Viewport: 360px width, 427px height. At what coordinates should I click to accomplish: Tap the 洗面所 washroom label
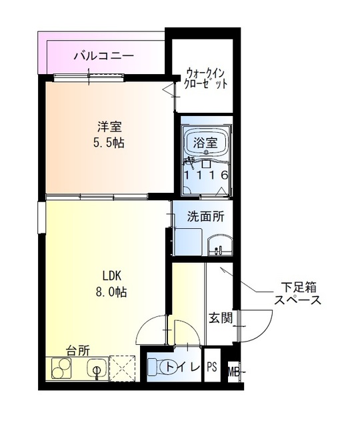click(205, 216)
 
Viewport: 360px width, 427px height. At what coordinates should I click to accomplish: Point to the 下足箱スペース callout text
click(298, 294)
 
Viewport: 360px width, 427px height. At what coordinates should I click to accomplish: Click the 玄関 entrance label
click(221, 318)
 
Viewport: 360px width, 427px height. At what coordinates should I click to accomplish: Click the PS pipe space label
click(212, 368)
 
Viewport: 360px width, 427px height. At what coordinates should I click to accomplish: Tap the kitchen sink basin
click(95, 368)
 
